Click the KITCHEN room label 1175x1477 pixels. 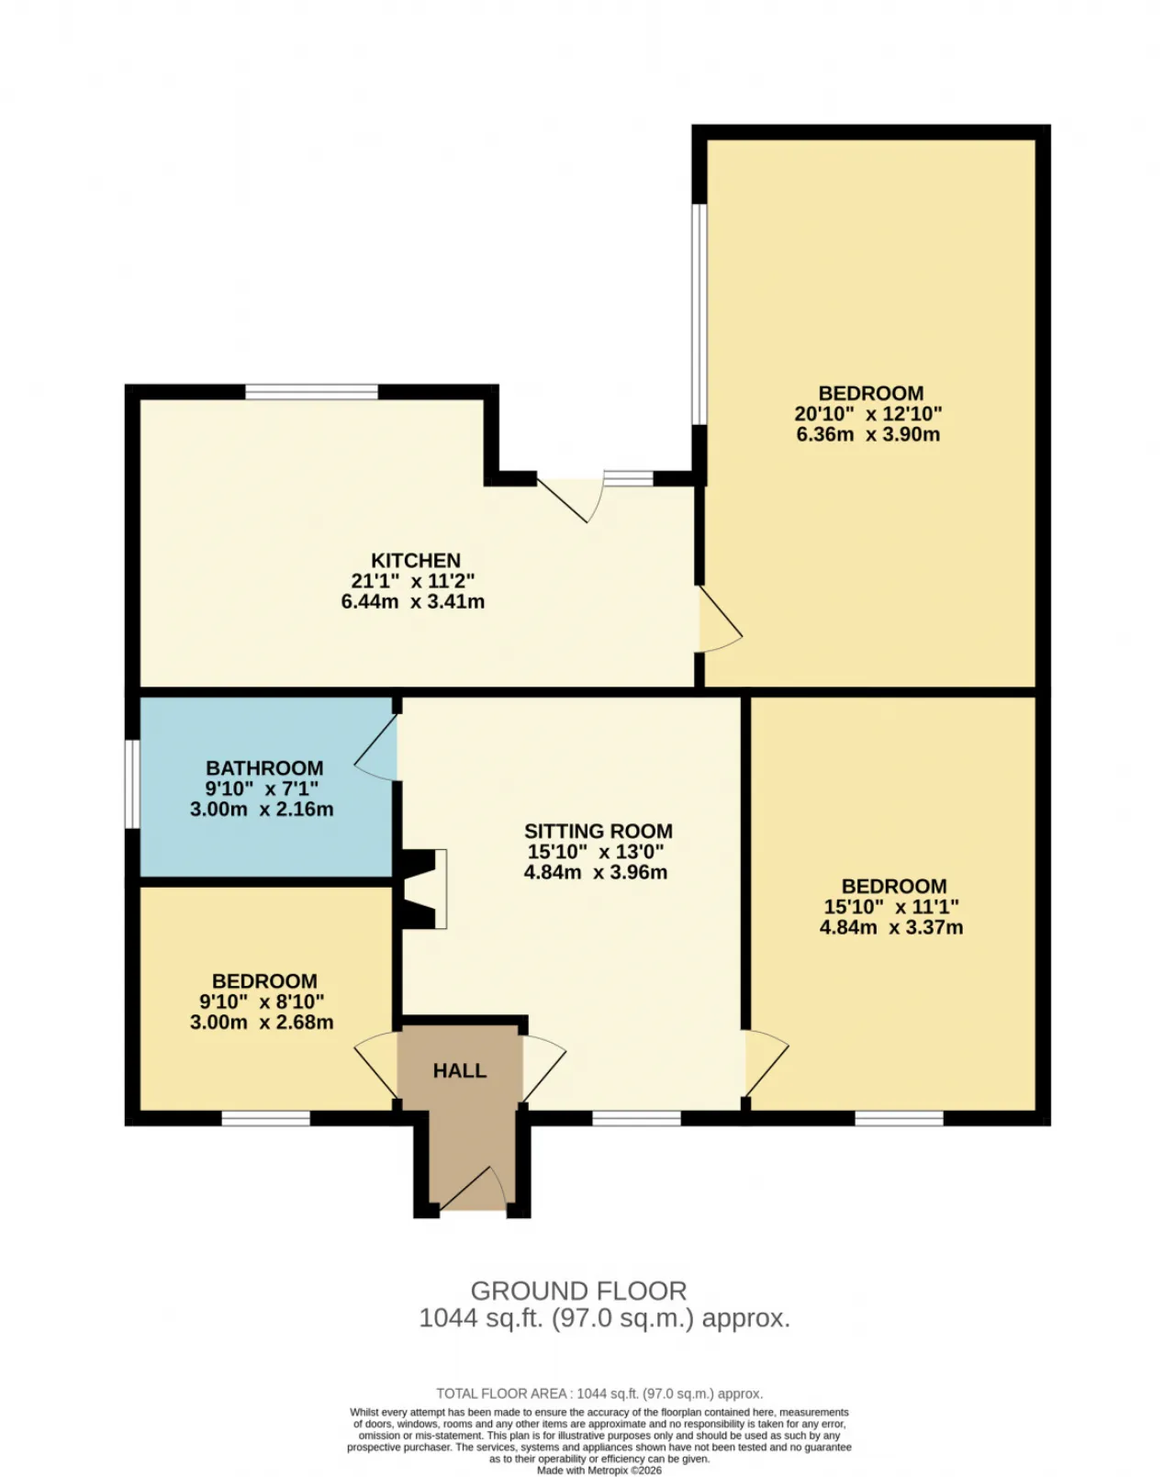(415, 560)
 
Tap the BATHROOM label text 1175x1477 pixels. (264, 767)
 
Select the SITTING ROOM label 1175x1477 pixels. (598, 831)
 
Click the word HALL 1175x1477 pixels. (459, 1070)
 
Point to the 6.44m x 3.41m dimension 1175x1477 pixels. (412, 602)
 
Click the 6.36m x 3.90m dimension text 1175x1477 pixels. (867, 434)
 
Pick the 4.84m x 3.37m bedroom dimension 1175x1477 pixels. (890, 927)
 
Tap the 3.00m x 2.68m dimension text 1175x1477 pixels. (262, 1022)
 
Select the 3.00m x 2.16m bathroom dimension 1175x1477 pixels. (262, 810)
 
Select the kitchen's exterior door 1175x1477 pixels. (570, 499)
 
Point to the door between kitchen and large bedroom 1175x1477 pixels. (720, 619)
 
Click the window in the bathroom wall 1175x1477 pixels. (132, 784)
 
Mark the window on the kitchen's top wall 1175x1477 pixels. (311, 392)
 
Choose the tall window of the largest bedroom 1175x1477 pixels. (699, 314)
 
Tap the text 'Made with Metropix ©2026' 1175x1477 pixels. (599, 1471)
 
